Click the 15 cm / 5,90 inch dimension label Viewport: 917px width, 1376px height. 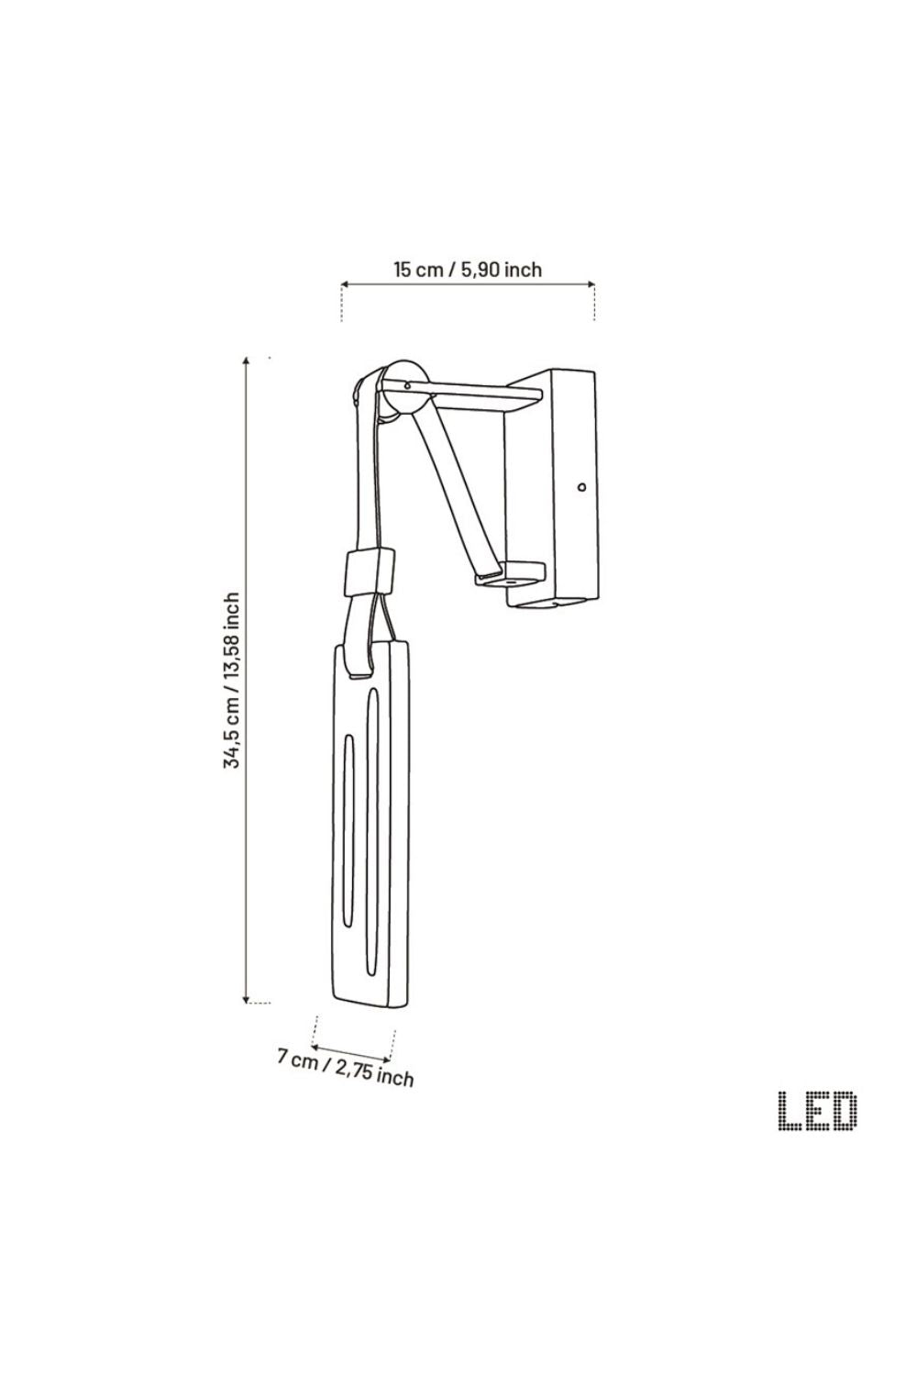468,269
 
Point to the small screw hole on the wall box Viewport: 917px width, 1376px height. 581,487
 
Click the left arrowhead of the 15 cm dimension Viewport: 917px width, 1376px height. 345,284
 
